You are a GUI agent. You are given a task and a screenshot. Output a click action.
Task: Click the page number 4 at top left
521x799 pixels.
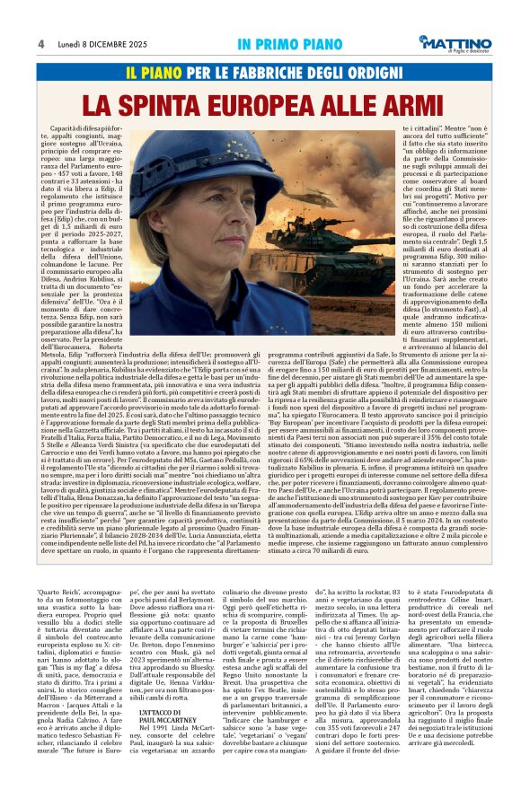(41, 43)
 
